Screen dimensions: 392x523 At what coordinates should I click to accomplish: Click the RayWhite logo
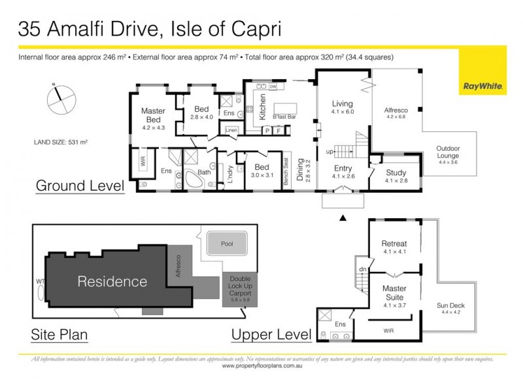click(x=482, y=86)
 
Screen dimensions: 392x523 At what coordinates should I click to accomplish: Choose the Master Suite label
click(x=394, y=292)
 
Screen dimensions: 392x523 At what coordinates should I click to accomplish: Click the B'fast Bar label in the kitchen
click(x=286, y=116)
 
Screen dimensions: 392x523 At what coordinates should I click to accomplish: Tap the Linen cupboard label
click(x=231, y=131)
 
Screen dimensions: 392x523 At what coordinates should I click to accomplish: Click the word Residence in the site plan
click(x=112, y=282)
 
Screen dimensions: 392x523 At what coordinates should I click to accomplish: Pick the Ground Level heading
click(x=80, y=186)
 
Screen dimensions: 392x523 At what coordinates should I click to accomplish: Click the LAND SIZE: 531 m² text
click(x=61, y=141)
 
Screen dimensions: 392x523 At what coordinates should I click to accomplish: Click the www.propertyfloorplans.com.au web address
click(x=261, y=366)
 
